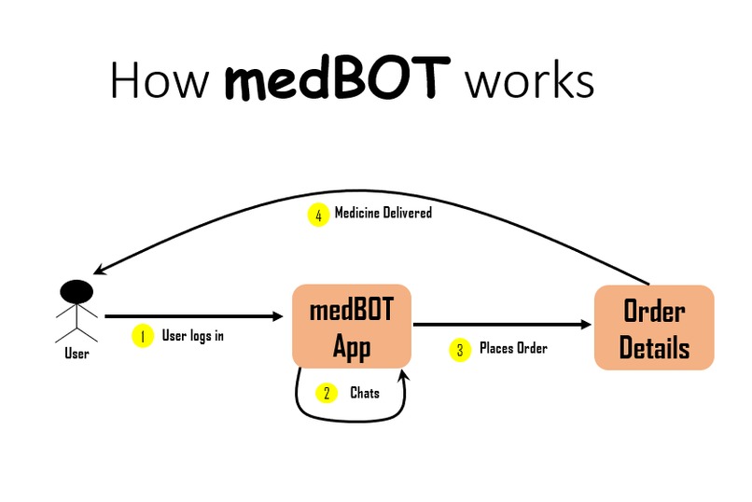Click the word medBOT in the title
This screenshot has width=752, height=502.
pyautogui.click(x=339, y=80)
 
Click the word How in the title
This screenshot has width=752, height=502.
pyautogui.click(x=159, y=80)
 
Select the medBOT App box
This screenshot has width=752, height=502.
pyautogui.click(x=352, y=326)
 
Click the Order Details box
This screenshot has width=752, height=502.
pyautogui.click(x=654, y=327)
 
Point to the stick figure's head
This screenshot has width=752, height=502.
pyautogui.click(x=77, y=291)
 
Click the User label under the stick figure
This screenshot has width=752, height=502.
pyautogui.click(x=77, y=354)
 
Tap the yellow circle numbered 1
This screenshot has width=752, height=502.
pyautogui.click(x=142, y=337)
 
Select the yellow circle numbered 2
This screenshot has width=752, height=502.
pyautogui.click(x=327, y=393)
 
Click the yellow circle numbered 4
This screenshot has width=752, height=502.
pyautogui.click(x=319, y=215)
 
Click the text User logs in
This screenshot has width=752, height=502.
pyautogui.click(x=193, y=336)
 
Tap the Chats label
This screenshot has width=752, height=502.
pyautogui.click(x=365, y=393)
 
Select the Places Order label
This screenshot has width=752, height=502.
pyautogui.click(x=513, y=348)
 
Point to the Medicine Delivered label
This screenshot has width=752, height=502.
pyautogui.click(x=383, y=213)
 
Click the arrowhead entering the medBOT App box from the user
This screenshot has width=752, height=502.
pyautogui.click(x=276, y=316)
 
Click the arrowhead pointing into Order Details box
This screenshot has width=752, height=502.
pyautogui.click(x=587, y=325)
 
